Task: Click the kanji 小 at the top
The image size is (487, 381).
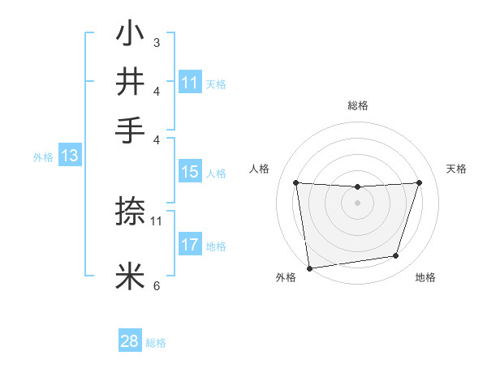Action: pyautogui.click(x=131, y=36)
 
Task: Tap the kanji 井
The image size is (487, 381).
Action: pyautogui.click(x=131, y=82)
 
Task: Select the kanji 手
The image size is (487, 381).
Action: pyautogui.click(x=131, y=129)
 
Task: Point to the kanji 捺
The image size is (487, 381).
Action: pyautogui.click(x=131, y=212)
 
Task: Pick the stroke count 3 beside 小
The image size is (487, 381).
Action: pyautogui.click(x=156, y=43)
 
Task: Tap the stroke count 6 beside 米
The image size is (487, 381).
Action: pyautogui.click(x=156, y=285)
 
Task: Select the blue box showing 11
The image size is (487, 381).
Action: pyautogui.click(x=190, y=83)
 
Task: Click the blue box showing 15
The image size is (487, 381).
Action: pyautogui.click(x=190, y=172)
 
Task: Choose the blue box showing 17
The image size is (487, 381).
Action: pyautogui.click(x=190, y=245)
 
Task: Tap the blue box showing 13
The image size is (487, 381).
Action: pyautogui.click(x=69, y=156)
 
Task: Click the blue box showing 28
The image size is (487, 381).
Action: pyautogui.click(x=130, y=341)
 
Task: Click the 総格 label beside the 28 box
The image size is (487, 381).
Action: pyautogui.click(x=156, y=343)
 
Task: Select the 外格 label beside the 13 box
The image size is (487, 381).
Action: pyautogui.click(x=43, y=157)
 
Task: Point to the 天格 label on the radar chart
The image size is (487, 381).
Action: pyautogui.click(x=456, y=169)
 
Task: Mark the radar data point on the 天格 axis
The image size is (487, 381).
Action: pyautogui.click(x=419, y=182)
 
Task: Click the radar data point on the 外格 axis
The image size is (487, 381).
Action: pyautogui.click(x=309, y=268)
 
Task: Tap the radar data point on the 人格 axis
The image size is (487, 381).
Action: pyautogui.click(x=295, y=183)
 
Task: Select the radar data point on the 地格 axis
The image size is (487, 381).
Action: pyautogui.click(x=396, y=256)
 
